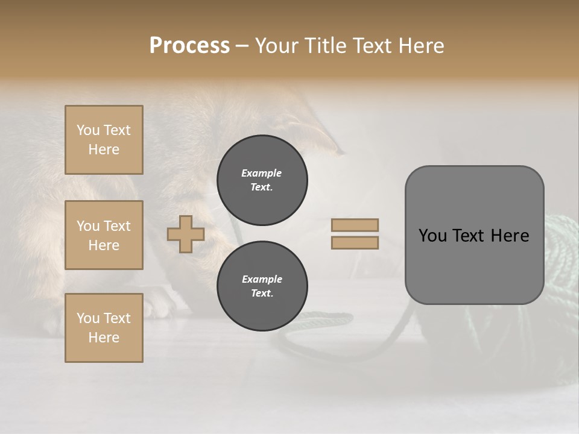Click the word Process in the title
189,46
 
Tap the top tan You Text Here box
104,140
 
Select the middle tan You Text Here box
104,235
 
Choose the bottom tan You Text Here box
104,328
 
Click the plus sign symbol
186,234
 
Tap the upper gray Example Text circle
262,180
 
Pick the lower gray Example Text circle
262,286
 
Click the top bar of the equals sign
355,225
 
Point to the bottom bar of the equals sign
355,242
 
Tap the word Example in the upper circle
262,173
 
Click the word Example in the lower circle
262,279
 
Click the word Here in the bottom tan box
104,338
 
